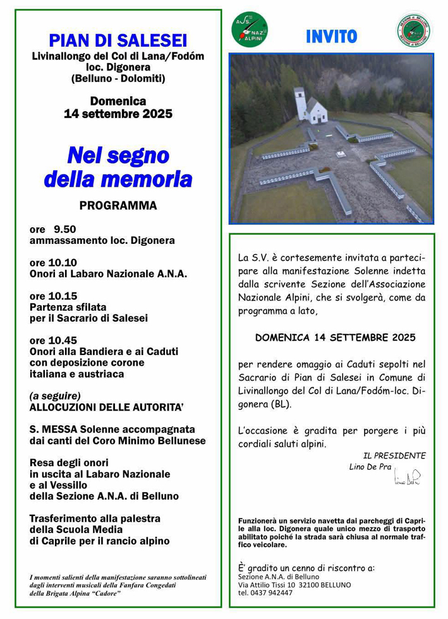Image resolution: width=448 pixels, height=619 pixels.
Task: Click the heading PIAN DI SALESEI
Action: (118, 40)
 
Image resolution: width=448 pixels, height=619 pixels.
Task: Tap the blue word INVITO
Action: (331, 37)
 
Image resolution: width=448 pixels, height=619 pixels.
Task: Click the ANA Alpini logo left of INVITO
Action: (250, 30)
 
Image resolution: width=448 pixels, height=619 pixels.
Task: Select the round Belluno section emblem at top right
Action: (414, 30)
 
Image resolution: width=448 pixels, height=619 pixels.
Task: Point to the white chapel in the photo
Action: (309, 106)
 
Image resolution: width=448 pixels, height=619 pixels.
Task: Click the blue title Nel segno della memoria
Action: (118, 167)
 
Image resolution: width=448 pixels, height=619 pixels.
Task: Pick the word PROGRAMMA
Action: (118, 206)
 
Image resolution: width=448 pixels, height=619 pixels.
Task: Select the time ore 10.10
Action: (53, 263)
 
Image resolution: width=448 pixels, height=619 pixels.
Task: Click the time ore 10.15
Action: (53, 296)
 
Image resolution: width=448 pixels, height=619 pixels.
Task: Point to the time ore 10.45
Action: (53, 340)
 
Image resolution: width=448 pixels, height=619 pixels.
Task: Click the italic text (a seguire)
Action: (55, 396)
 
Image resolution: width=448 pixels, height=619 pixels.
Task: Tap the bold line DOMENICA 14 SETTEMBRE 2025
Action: (335, 338)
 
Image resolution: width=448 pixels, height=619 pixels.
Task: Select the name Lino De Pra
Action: (370, 467)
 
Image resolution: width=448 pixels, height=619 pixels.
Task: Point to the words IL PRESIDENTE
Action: (394, 455)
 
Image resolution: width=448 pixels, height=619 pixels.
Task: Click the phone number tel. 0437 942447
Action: (265, 593)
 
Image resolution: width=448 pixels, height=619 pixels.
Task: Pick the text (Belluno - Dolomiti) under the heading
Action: (118, 78)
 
